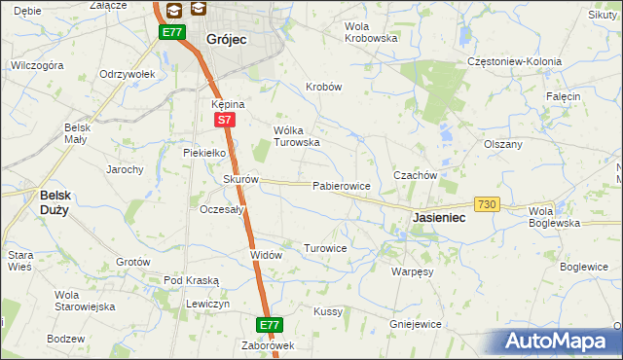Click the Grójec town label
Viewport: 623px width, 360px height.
(227, 40)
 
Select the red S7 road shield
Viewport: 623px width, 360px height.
(225, 120)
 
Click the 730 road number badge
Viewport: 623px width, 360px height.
(488, 204)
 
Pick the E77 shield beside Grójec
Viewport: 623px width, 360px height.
(172, 32)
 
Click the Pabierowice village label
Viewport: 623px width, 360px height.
(341, 186)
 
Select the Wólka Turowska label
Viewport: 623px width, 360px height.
(297, 136)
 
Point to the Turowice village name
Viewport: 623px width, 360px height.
(325, 248)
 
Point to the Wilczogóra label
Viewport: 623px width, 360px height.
(37, 65)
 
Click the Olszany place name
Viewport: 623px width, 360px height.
(503, 144)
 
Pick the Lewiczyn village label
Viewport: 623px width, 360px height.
(207, 305)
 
